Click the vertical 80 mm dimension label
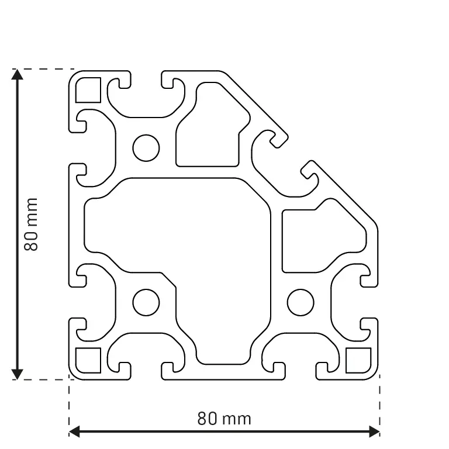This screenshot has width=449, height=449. (30, 224)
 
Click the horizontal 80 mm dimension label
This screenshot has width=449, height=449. (224, 419)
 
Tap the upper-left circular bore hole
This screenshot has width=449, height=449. (146, 147)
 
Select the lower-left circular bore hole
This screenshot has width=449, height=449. (146, 302)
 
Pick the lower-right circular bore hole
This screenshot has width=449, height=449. (301, 302)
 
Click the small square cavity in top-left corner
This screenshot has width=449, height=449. (89, 89)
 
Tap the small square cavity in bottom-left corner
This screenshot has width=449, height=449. (89, 360)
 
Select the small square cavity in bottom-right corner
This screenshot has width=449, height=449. (358, 360)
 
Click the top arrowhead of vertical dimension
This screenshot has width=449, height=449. (18, 75)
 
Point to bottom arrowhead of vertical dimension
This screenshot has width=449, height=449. (18, 374)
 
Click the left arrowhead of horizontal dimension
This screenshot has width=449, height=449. (75, 432)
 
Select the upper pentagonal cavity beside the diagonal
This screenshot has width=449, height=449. (208, 132)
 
